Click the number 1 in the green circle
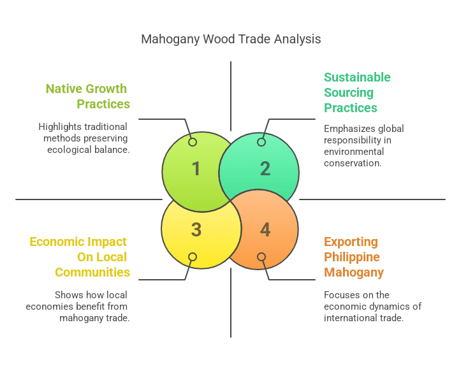click(196, 168)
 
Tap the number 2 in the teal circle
click(265, 168)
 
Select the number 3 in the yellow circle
click(196, 230)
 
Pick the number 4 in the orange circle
click(265, 230)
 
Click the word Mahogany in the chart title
click(170, 40)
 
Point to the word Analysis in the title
click(298, 40)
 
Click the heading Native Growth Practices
click(87, 96)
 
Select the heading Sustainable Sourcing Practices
click(356, 92)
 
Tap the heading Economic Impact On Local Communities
click(80, 257)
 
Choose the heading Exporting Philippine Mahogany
click(353, 257)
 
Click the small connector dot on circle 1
click(193, 142)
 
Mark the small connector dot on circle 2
click(261, 142)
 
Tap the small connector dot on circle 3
click(193, 257)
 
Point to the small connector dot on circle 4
click(261, 257)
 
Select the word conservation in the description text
click(353, 163)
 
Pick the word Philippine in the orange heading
click(352, 257)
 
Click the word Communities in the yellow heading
click(92, 273)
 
